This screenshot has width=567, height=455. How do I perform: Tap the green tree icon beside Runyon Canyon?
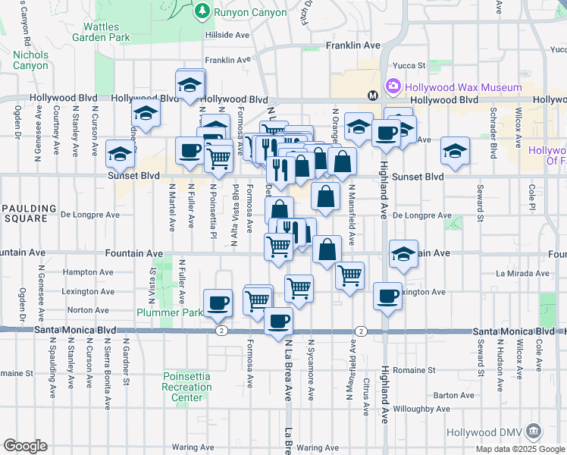pos(202,10)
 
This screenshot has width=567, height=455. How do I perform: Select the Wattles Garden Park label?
pos(102,32)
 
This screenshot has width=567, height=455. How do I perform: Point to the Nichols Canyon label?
pos(30,60)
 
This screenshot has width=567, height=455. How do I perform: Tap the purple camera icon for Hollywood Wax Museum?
pos(393,86)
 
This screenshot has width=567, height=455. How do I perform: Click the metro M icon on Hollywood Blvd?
pos(373,96)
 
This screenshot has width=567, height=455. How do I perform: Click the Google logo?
pos(25,446)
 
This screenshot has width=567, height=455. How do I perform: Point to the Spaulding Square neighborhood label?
pos(28,215)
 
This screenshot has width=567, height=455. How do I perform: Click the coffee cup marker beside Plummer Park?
pos(218,302)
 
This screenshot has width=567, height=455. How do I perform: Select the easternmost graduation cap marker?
pos(455,150)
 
